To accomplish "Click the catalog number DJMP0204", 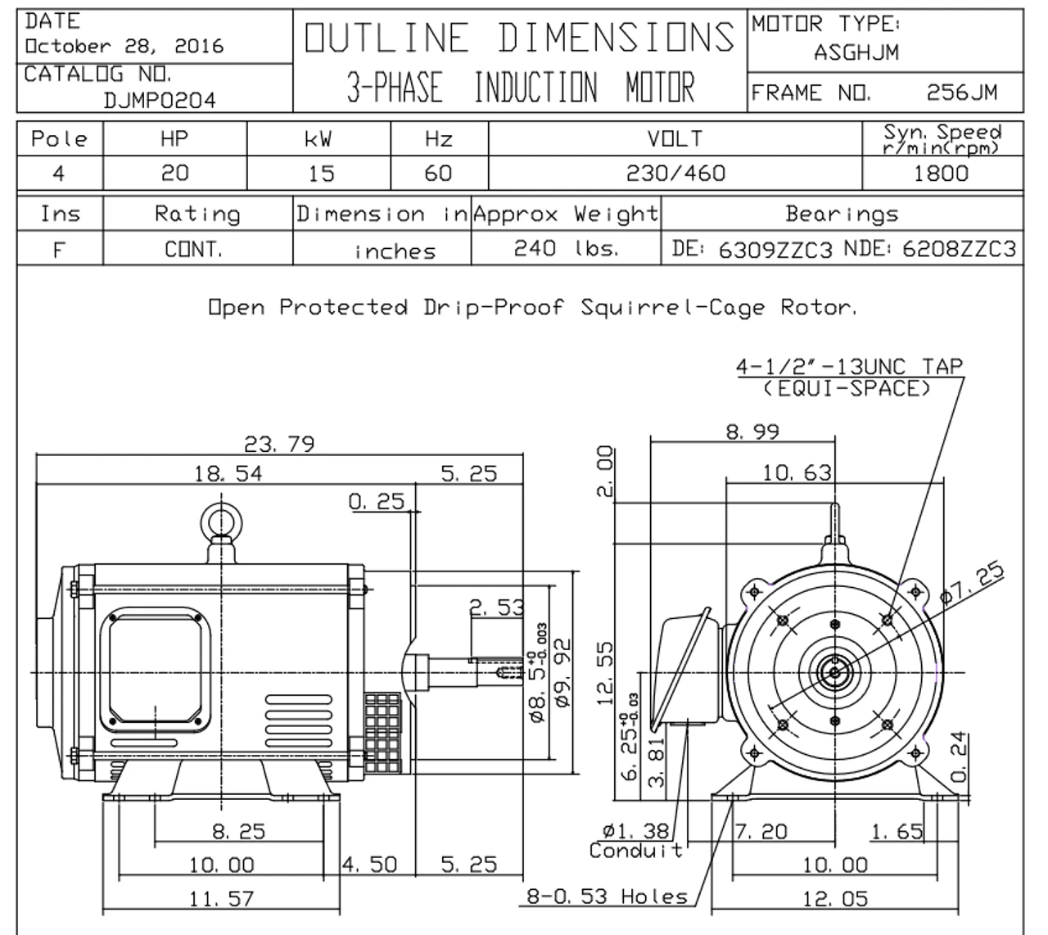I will (x=160, y=100).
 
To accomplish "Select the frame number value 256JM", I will (x=961, y=93).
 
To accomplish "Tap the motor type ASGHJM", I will (x=856, y=52).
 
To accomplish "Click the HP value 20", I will (x=174, y=173).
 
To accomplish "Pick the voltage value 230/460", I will (x=675, y=173).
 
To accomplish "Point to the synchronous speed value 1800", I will (x=942, y=173).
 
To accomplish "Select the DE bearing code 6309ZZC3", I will (x=775, y=250).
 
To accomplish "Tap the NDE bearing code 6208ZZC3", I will (x=959, y=249).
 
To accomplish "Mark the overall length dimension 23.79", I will (x=279, y=444).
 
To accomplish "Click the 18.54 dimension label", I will (x=228, y=473).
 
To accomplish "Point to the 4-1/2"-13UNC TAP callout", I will (x=849, y=367).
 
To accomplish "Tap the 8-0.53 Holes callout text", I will (x=607, y=897).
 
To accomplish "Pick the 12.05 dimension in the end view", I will (x=834, y=899).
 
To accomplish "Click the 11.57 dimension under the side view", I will (x=221, y=899).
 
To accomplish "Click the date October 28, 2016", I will (x=124, y=46).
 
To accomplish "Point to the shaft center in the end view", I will (x=834, y=672).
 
